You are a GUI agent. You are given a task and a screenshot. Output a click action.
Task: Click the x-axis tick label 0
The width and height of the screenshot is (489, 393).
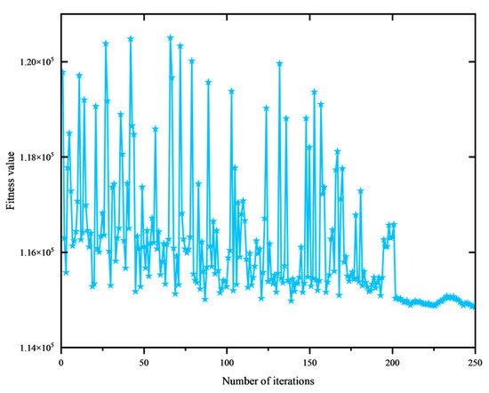[60, 361]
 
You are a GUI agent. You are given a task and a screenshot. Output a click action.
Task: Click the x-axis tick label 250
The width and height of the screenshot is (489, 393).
[475, 361]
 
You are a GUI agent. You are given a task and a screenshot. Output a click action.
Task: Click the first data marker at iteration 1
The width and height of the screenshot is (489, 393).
[62, 72]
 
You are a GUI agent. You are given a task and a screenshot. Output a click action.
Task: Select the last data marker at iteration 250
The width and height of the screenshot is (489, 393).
[474, 307]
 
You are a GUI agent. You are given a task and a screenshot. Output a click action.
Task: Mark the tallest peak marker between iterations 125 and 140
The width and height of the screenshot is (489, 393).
[279, 63]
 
